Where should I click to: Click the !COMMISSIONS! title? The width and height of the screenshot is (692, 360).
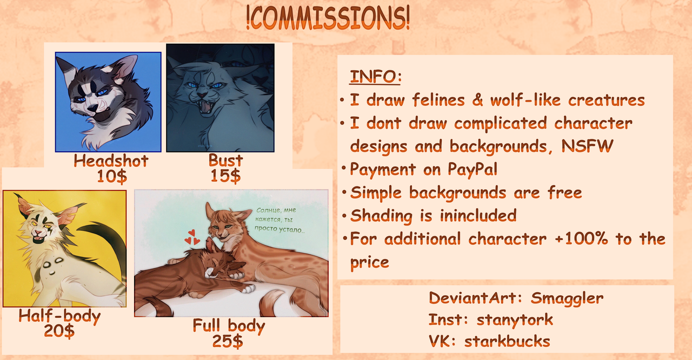click(328, 17)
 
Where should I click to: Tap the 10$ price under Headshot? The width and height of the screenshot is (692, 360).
click(112, 176)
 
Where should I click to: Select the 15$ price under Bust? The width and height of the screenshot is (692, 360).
click(225, 176)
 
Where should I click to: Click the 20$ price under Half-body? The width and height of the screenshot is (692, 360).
click(59, 331)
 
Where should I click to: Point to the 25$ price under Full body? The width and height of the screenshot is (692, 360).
click(228, 342)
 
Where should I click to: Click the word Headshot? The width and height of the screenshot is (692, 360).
click(111, 161)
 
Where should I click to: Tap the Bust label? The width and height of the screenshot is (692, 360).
click(226, 160)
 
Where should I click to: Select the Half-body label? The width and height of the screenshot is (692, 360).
click(59, 316)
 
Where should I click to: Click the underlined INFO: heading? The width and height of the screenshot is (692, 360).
click(376, 77)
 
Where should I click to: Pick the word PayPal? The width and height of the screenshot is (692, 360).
click(473, 169)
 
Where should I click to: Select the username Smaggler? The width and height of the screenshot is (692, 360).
click(567, 298)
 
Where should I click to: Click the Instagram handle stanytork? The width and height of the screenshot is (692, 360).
click(515, 319)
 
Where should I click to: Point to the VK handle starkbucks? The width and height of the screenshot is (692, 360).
click(507, 341)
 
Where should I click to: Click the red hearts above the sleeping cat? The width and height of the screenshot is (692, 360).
click(192, 237)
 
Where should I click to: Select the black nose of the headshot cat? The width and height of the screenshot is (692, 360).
click(92, 108)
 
